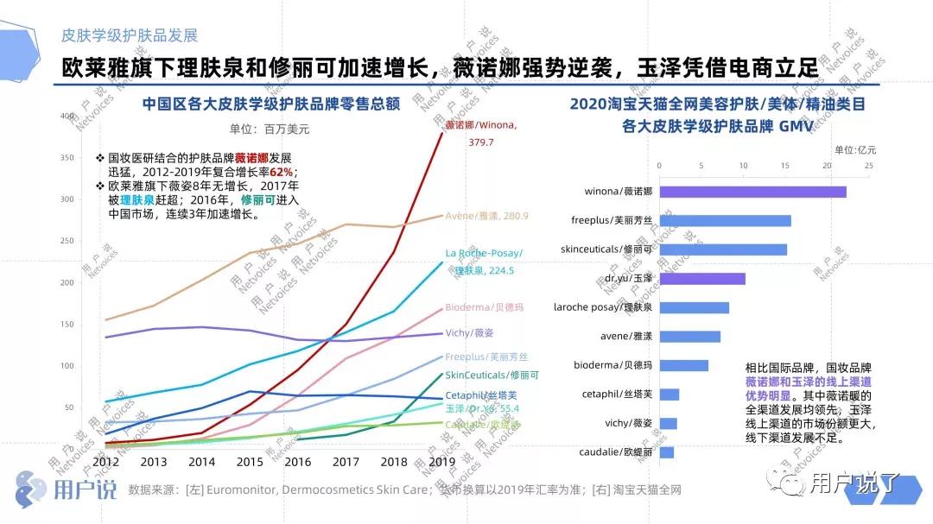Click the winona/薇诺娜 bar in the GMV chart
click(x=752, y=192)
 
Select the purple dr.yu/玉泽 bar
click(x=701, y=279)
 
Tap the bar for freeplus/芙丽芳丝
click(x=725, y=221)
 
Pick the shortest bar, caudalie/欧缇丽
click(x=666, y=452)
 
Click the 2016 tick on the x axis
click(x=296, y=462)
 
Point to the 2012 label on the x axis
click(x=105, y=462)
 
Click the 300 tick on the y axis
click(x=92, y=199)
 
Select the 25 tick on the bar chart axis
click(x=868, y=166)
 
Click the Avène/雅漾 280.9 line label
click(x=486, y=216)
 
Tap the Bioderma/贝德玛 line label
click(x=486, y=308)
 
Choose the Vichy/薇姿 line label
click(x=469, y=333)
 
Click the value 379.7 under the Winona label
click(x=481, y=142)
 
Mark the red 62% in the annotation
click(x=281, y=172)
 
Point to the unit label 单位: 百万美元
click(x=269, y=129)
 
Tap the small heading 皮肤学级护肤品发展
click(x=129, y=35)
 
